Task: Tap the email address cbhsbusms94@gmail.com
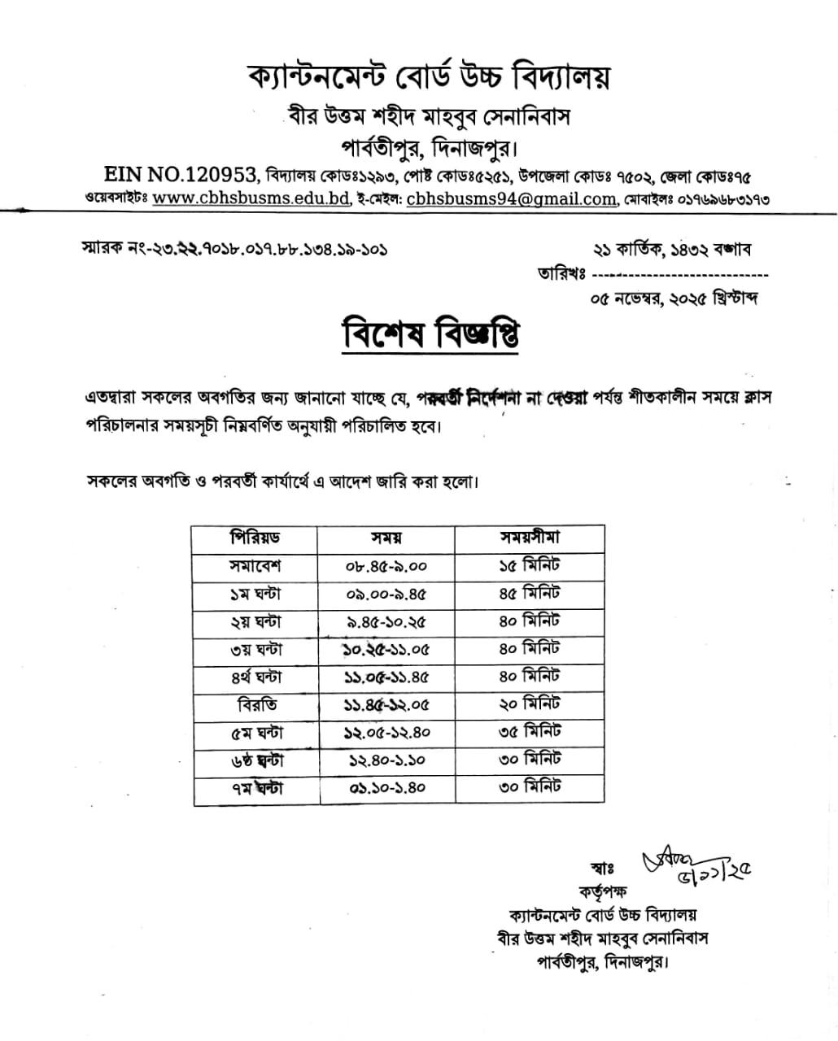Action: click(x=511, y=198)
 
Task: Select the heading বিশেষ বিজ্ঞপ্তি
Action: click(x=430, y=335)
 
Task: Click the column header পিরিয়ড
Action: click(x=255, y=538)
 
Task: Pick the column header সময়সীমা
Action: click(x=529, y=538)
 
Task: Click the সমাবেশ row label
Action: click(x=255, y=566)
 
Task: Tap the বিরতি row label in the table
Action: click(x=256, y=704)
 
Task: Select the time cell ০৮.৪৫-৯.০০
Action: click(x=386, y=567)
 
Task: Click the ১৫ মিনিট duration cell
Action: click(x=529, y=566)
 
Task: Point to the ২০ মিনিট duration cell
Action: click(x=529, y=704)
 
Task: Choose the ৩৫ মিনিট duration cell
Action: click(x=529, y=732)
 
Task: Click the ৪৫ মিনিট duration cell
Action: click(x=529, y=594)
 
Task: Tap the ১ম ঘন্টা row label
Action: click(x=255, y=595)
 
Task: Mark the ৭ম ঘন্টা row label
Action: click(x=255, y=788)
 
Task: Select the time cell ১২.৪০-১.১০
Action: click(x=386, y=760)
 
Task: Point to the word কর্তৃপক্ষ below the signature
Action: click(x=604, y=891)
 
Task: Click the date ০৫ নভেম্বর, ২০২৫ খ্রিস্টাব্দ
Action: click(x=674, y=299)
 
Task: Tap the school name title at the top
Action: click(x=429, y=78)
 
